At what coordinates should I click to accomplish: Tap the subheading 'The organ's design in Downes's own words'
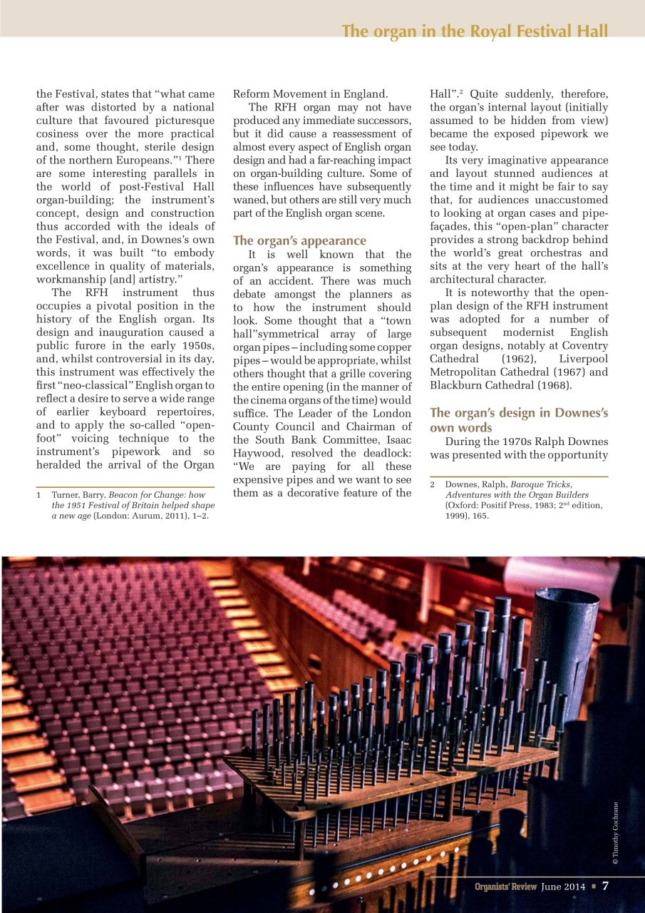tap(518, 419)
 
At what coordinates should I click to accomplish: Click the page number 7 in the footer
tap(605, 886)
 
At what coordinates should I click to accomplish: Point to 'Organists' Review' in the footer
tap(506, 887)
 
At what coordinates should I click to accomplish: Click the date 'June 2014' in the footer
tap(563, 887)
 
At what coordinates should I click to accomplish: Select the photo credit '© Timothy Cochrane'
tap(616, 833)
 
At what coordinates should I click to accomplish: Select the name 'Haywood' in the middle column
tap(257, 452)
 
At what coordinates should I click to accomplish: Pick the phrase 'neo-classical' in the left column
tap(90, 385)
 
